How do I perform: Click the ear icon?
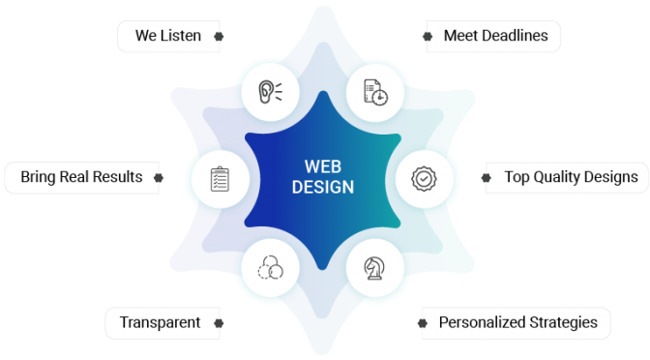click(x=270, y=92)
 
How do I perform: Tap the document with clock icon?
click(x=375, y=93)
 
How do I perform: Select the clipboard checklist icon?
click(x=220, y=179)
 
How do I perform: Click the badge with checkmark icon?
click(x=424, y=179)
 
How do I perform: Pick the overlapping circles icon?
click(x=270, y=267)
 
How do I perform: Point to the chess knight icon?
click(x=374, y=268)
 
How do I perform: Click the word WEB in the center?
click(x=323, y=166)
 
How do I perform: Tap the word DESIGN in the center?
click(x=323, y=187)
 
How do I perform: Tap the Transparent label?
click(x=160, y=322)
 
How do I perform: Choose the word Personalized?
click(x=482, y=322)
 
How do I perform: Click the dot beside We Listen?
click(x=219, y=37)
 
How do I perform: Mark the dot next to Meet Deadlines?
click(x=428, y=37)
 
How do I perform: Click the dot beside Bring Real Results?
click(x=159, y=178)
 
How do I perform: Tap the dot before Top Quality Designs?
click(x=487, y=178)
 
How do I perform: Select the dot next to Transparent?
click(x=219, y=323)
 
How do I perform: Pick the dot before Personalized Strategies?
click(x=423, y=323)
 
